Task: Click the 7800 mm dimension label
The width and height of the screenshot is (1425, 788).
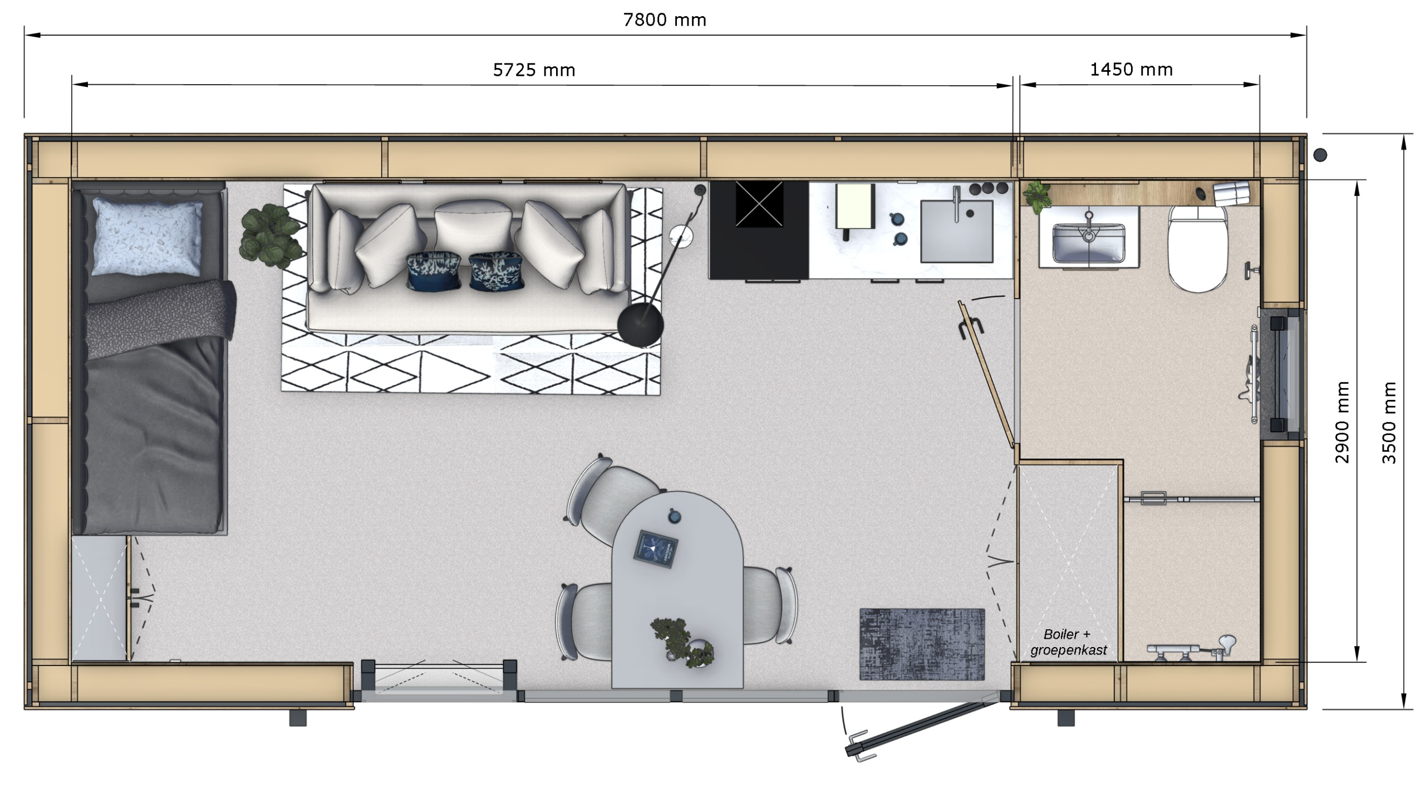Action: click(x=665, y=21)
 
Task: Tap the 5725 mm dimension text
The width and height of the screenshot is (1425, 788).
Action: click(x=534, y=70)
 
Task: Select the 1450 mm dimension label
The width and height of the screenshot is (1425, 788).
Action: click(x=1132, y=70)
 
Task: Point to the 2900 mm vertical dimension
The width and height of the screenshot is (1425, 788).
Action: click(x=1343, y=422)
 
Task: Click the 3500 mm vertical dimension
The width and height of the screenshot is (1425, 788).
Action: click(x=1389, y=422)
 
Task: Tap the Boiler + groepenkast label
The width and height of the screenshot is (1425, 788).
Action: click(x=1068, y=642)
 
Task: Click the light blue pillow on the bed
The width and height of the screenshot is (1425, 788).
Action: click(x=148, y=237)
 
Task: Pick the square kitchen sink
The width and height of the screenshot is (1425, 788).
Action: click(x=956, y=231)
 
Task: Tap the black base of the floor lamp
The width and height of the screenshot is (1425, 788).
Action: click(x=641, y=325)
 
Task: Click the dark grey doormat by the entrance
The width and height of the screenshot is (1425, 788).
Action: click(x=922, y=644)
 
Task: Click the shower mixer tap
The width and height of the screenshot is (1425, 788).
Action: click(x=1191, y=650)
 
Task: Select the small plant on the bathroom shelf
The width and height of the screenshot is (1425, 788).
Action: click(x=1036, y=197)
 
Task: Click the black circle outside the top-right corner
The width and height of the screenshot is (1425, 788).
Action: click(x=1320, y=155)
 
